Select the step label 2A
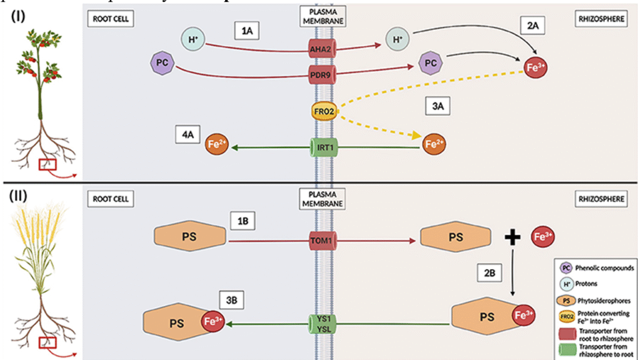click(535, 26)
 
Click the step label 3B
click(232, 300)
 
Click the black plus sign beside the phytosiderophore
click(512, 237)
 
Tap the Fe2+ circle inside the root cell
click(214, 146)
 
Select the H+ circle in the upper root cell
click(193, 39)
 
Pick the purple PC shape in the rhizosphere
click(429, 64)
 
